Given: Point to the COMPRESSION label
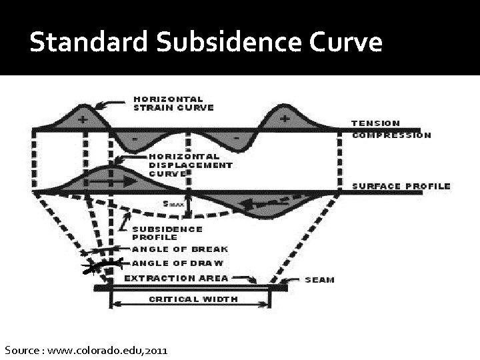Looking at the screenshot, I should [x=391, y=135].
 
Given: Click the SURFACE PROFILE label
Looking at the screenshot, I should [x=401, y=187].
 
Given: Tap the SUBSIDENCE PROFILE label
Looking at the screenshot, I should [x=167, y=233].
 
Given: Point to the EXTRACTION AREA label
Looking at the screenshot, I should [x=176, y=278].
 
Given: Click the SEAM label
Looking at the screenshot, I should [x=319, y=280].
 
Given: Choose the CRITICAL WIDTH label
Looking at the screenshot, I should [x=192, y=299].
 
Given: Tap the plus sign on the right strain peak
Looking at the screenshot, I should [x=285, y=120].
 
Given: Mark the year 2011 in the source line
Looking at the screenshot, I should [x=155, y=349].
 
